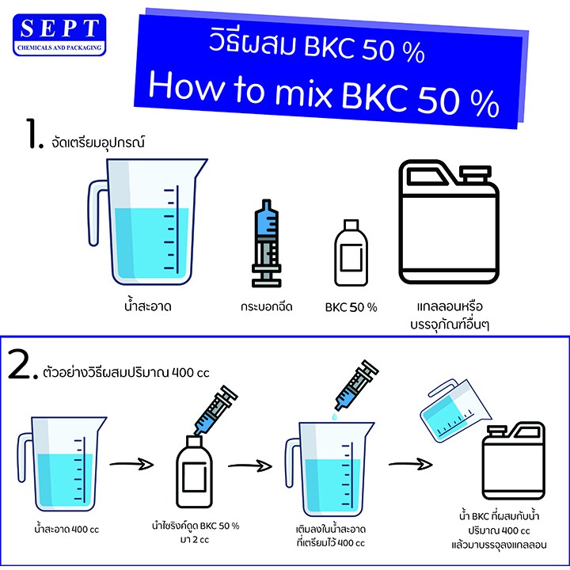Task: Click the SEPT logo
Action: coord(59,35)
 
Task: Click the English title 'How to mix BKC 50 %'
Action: coord(324,94)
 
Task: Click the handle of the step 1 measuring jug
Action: coord(95,213)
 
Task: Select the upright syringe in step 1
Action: coord(267,243)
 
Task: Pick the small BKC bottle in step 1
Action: coord(351,253)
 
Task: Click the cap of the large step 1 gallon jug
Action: coord(475,173)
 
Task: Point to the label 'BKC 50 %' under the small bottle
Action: coord(351,307)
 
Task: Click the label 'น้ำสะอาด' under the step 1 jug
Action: coord(147,306)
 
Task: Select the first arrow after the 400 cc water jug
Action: coord(131,464)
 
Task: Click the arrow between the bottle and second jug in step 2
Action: coord(250,465)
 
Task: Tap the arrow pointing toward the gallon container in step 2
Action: coord(410,464)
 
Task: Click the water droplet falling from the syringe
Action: coord(334,416)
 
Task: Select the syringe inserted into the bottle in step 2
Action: coord(215,410)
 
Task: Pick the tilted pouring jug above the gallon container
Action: coord(455,410)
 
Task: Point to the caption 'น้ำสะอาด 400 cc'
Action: coord(66,530)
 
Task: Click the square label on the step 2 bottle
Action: coord(195,477)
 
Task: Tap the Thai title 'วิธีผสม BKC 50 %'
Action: coord(316,48)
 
